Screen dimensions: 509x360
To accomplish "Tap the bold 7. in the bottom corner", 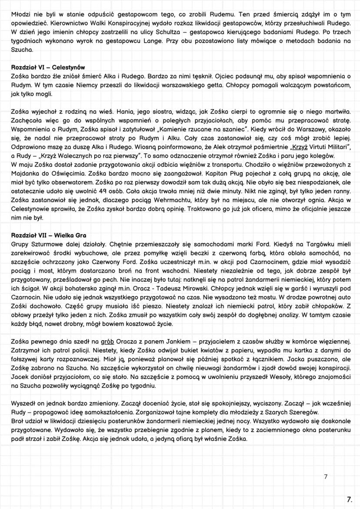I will [349, 499].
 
